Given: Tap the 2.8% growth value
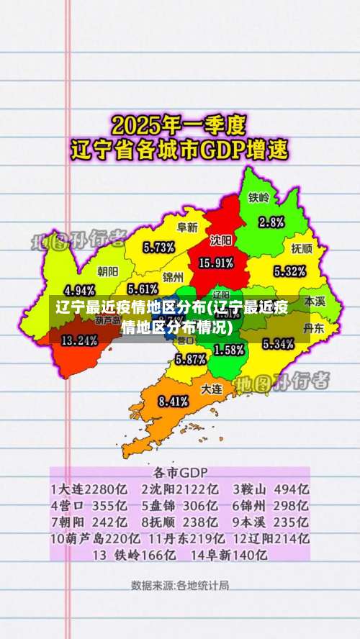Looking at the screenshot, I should [x=271, y=222].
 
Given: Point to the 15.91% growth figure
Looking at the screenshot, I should [x=215, y=263].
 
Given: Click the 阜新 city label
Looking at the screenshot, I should [x=188, y=227].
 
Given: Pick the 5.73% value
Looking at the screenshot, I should [x=158, y=247].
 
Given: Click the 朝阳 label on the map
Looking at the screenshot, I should [x=107, y=271].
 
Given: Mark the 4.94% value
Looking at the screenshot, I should [x=80, y=291].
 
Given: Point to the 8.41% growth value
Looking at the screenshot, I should [x=173, y=401].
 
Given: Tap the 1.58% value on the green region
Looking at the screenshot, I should [x=229, y=350].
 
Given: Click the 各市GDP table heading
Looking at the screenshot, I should [x=180, y=473].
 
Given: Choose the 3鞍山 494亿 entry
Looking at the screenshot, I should [x=271, y=489].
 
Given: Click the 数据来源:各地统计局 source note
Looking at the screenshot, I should [x=180, y=585].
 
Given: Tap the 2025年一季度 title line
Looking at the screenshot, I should [x=180, y=127].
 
